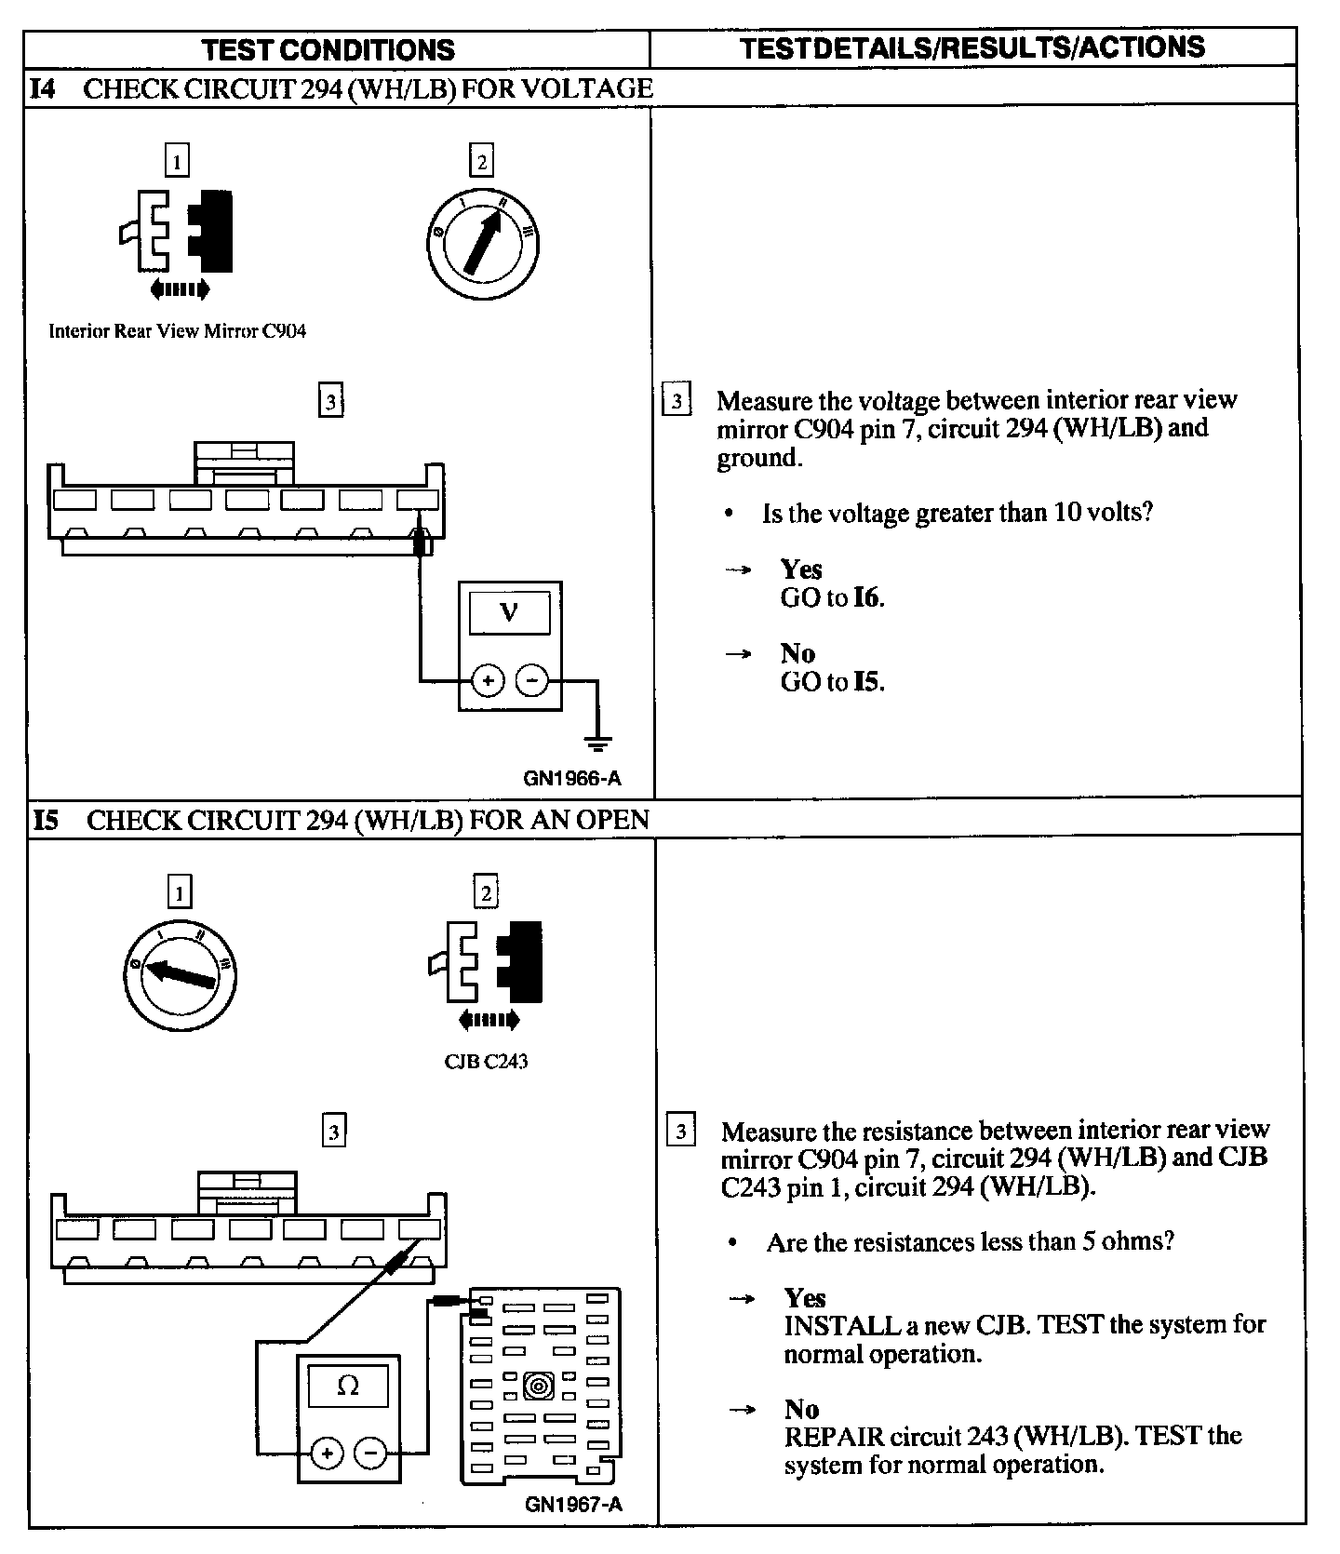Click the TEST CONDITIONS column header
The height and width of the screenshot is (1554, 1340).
click(328, 49)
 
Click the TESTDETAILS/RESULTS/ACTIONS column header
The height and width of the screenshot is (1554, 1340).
click(972, 47)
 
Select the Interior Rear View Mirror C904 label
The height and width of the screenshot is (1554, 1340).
click(177, 331)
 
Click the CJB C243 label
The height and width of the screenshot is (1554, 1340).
click(486, 1062)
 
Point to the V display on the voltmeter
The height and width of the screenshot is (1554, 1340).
click(509, 613)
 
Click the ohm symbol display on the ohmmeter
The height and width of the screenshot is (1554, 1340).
click(348, 1386)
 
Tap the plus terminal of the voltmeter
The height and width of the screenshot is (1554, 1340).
click(488, 681)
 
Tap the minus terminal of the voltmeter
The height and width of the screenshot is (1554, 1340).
click(531, 681)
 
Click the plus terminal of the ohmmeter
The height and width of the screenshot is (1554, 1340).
click(327, 1453)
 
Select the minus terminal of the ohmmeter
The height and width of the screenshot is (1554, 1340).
click(370, 1453)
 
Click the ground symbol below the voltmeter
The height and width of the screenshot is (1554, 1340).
click(596, 744)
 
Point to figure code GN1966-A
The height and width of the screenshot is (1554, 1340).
click(571, 779)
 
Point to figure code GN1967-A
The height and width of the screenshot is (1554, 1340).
click(573, 1505)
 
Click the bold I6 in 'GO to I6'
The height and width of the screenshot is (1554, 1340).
click(866, 597)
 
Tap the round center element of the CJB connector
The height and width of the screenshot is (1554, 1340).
click(539, 1387)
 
